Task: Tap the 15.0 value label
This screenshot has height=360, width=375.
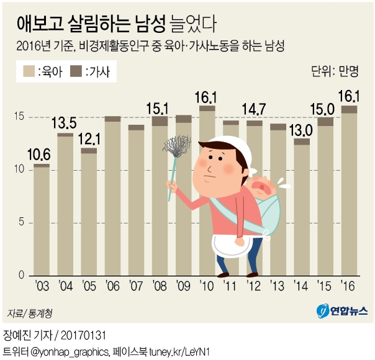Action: coord(325,109)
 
